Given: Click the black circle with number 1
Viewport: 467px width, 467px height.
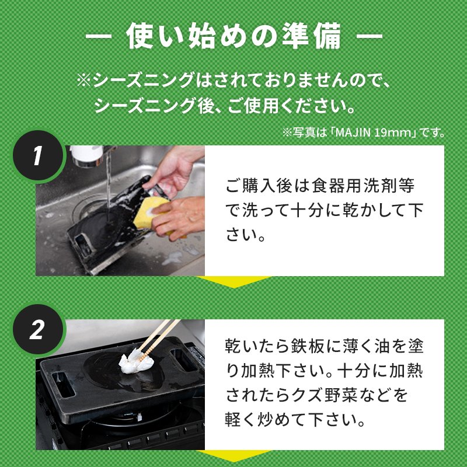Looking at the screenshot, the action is [x=38, y=156].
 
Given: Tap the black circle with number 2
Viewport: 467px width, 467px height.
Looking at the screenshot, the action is [x=38, y=329].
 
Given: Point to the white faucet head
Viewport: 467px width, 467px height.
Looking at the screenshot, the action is [x=86, y=155].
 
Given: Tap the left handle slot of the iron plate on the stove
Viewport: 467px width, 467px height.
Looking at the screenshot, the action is [x=63, y=384].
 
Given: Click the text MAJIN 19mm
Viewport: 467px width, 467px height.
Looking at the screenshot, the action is [x=373, y=133].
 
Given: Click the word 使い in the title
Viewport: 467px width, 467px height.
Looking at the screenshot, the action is [x=154, y=36].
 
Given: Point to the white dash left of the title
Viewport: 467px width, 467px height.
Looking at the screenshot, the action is [x=98, y=36].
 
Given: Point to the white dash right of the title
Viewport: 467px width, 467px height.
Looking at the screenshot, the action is [x=370, y=36].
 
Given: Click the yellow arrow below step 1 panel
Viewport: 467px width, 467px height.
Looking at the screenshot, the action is [x=234, y=281].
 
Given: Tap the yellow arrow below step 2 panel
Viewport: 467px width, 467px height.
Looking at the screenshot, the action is [x=234, y=456].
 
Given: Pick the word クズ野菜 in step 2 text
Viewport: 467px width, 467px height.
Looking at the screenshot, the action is [x=323, y=395].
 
